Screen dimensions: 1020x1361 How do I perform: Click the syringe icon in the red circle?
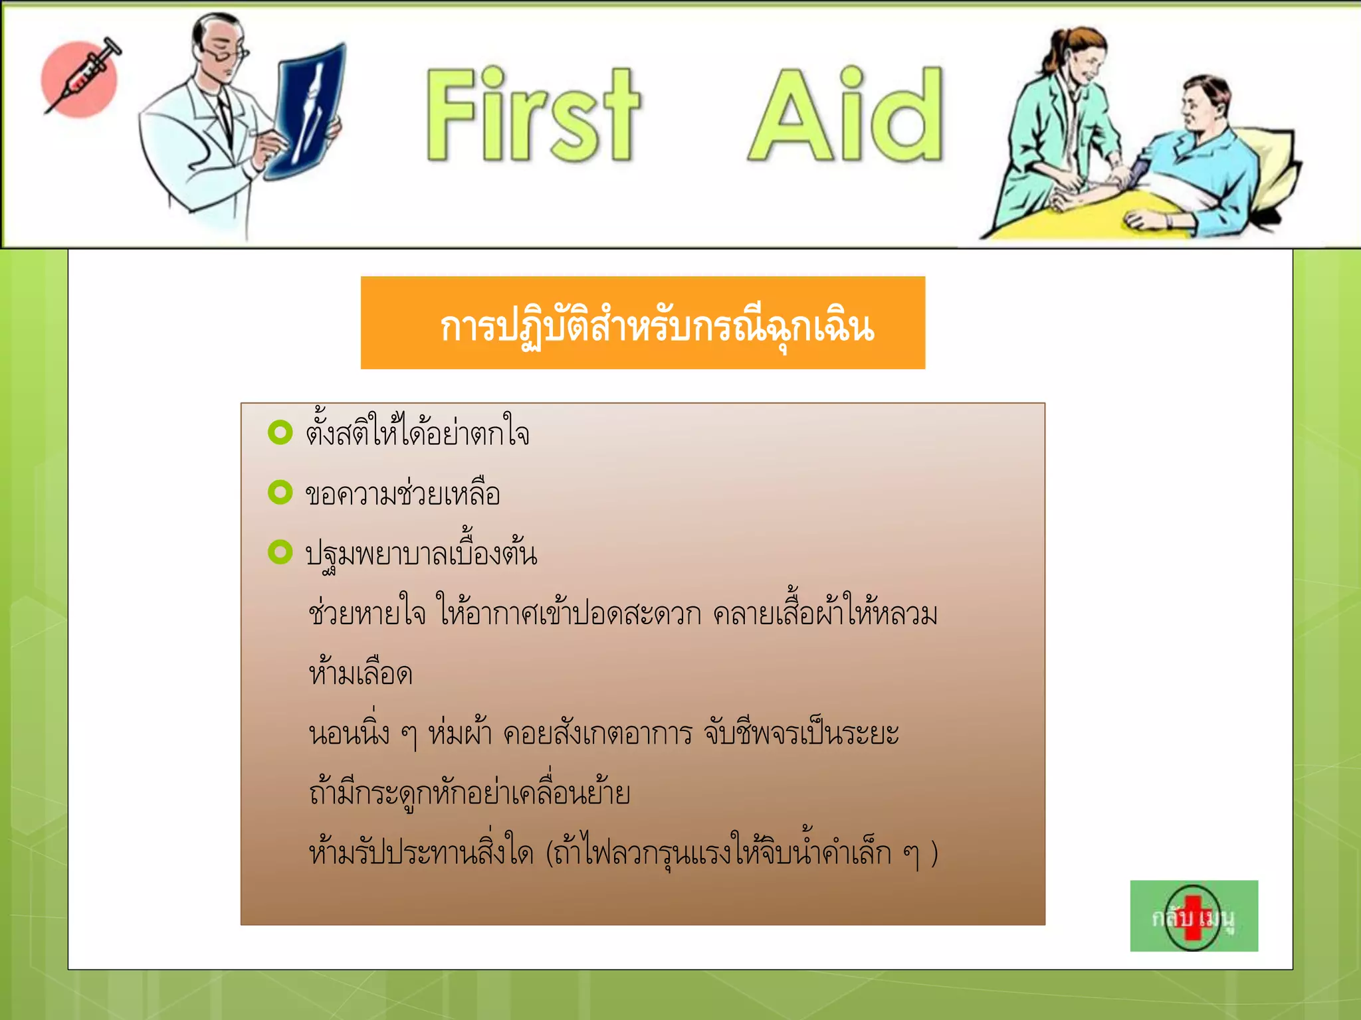click(81, 78)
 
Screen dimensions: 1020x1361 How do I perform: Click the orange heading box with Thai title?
click(643, 323)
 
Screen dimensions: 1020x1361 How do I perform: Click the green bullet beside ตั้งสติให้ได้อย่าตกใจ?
click(280, 432)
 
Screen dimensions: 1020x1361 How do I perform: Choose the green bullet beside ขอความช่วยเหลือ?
click(280, 492)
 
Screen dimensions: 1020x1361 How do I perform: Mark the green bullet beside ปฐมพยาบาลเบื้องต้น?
click(280, 552)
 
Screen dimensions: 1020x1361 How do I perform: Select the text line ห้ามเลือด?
click(361, 673)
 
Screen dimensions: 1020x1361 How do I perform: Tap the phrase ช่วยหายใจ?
click(367, 613)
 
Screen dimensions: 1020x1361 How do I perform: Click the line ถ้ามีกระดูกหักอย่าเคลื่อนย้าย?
click(469, 792)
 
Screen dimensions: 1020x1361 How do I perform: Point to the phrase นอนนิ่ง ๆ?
click(362, 734)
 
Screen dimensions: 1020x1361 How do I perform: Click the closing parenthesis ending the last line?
click(934, 853)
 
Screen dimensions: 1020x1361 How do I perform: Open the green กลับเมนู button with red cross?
click(1194, 916)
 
